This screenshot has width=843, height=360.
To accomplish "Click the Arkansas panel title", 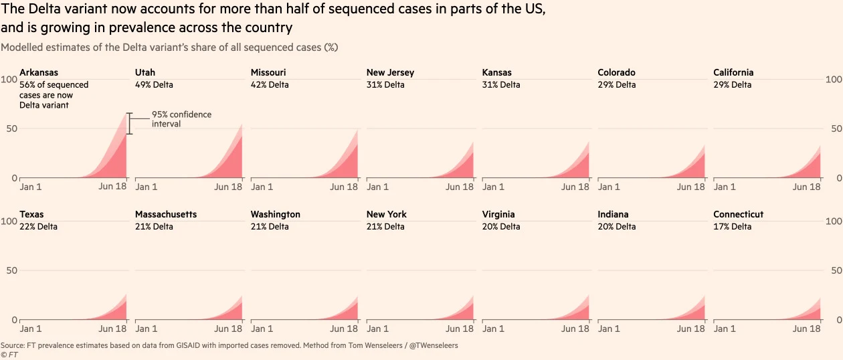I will coord(39,72).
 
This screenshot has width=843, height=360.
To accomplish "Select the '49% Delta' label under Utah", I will coord(154,85).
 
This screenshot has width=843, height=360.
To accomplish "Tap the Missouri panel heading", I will coord(268,72).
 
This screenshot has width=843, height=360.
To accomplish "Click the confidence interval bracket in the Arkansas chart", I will coord(130,124).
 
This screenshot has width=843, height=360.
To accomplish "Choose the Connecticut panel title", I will coord(738,214).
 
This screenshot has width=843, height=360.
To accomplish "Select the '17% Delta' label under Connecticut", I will coord(732,227).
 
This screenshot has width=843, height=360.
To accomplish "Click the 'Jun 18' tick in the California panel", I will coord(806,187).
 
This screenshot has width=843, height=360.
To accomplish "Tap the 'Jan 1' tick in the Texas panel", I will coord(31,329).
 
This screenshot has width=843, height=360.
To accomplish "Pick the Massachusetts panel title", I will coord(166,214).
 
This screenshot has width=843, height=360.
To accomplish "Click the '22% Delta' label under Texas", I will coord(38,227).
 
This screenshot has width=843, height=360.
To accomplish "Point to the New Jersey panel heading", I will coord(390,72).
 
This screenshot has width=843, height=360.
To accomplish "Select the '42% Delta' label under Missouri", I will coord(270,85).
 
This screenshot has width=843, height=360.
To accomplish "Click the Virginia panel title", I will coord(498,214).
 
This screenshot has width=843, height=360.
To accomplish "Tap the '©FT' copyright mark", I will coord(9,355).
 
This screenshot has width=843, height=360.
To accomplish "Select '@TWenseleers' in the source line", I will coord(433,346).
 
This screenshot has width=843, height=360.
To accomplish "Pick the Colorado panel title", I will coord(616,72).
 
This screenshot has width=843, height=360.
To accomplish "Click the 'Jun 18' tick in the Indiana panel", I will coord(690,329).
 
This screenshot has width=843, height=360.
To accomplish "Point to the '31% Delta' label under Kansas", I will coord(501,85).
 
